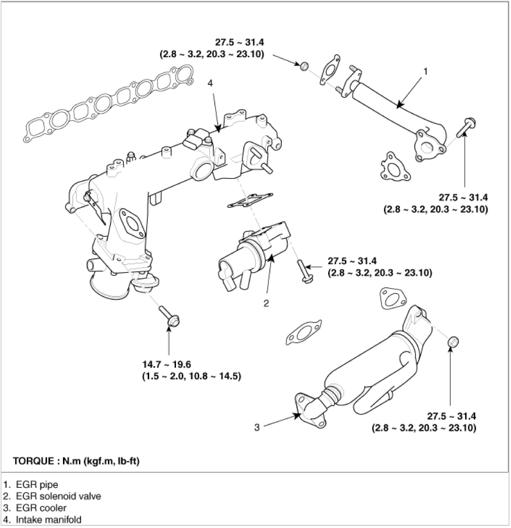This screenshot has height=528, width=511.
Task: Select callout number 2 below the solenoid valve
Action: tap(266, 303)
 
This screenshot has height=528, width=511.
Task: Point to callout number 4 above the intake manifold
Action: tap(210, 82)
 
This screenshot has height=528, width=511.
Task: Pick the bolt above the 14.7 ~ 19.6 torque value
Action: tap(168, 316)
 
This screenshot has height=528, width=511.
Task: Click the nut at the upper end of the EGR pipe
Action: tap(305, 65)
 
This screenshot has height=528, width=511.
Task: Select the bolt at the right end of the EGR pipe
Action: tap(467, 126)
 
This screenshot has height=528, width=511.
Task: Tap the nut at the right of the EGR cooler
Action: tap(453, 341)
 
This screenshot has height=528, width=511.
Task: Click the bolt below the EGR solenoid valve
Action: tap(302, 271)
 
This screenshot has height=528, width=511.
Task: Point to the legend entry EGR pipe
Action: tap(31, 485)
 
